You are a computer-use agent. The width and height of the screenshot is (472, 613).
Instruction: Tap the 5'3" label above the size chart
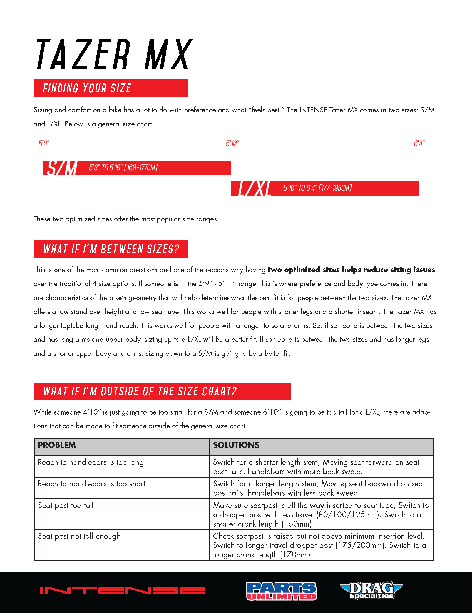click(x=44, y=144)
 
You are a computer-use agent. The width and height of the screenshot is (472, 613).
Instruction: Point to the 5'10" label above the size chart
click(x=232, y=144)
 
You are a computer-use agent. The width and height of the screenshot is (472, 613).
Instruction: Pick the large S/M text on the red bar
click(x=62, y=168)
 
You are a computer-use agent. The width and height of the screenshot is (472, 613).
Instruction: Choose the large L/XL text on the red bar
click(x=255, y=188)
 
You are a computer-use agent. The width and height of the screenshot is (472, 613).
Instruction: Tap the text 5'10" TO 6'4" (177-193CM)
click(x=317, y=188)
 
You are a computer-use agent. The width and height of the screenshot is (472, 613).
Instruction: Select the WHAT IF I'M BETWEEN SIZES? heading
click(x=111, y=249)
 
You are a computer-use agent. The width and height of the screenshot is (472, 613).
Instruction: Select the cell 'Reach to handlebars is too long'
click(x=91, y=462)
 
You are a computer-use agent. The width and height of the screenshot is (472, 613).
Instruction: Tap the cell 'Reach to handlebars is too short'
click(x=91, y=484)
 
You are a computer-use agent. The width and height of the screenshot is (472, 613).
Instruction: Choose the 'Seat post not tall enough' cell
click(x=79, y=536)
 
